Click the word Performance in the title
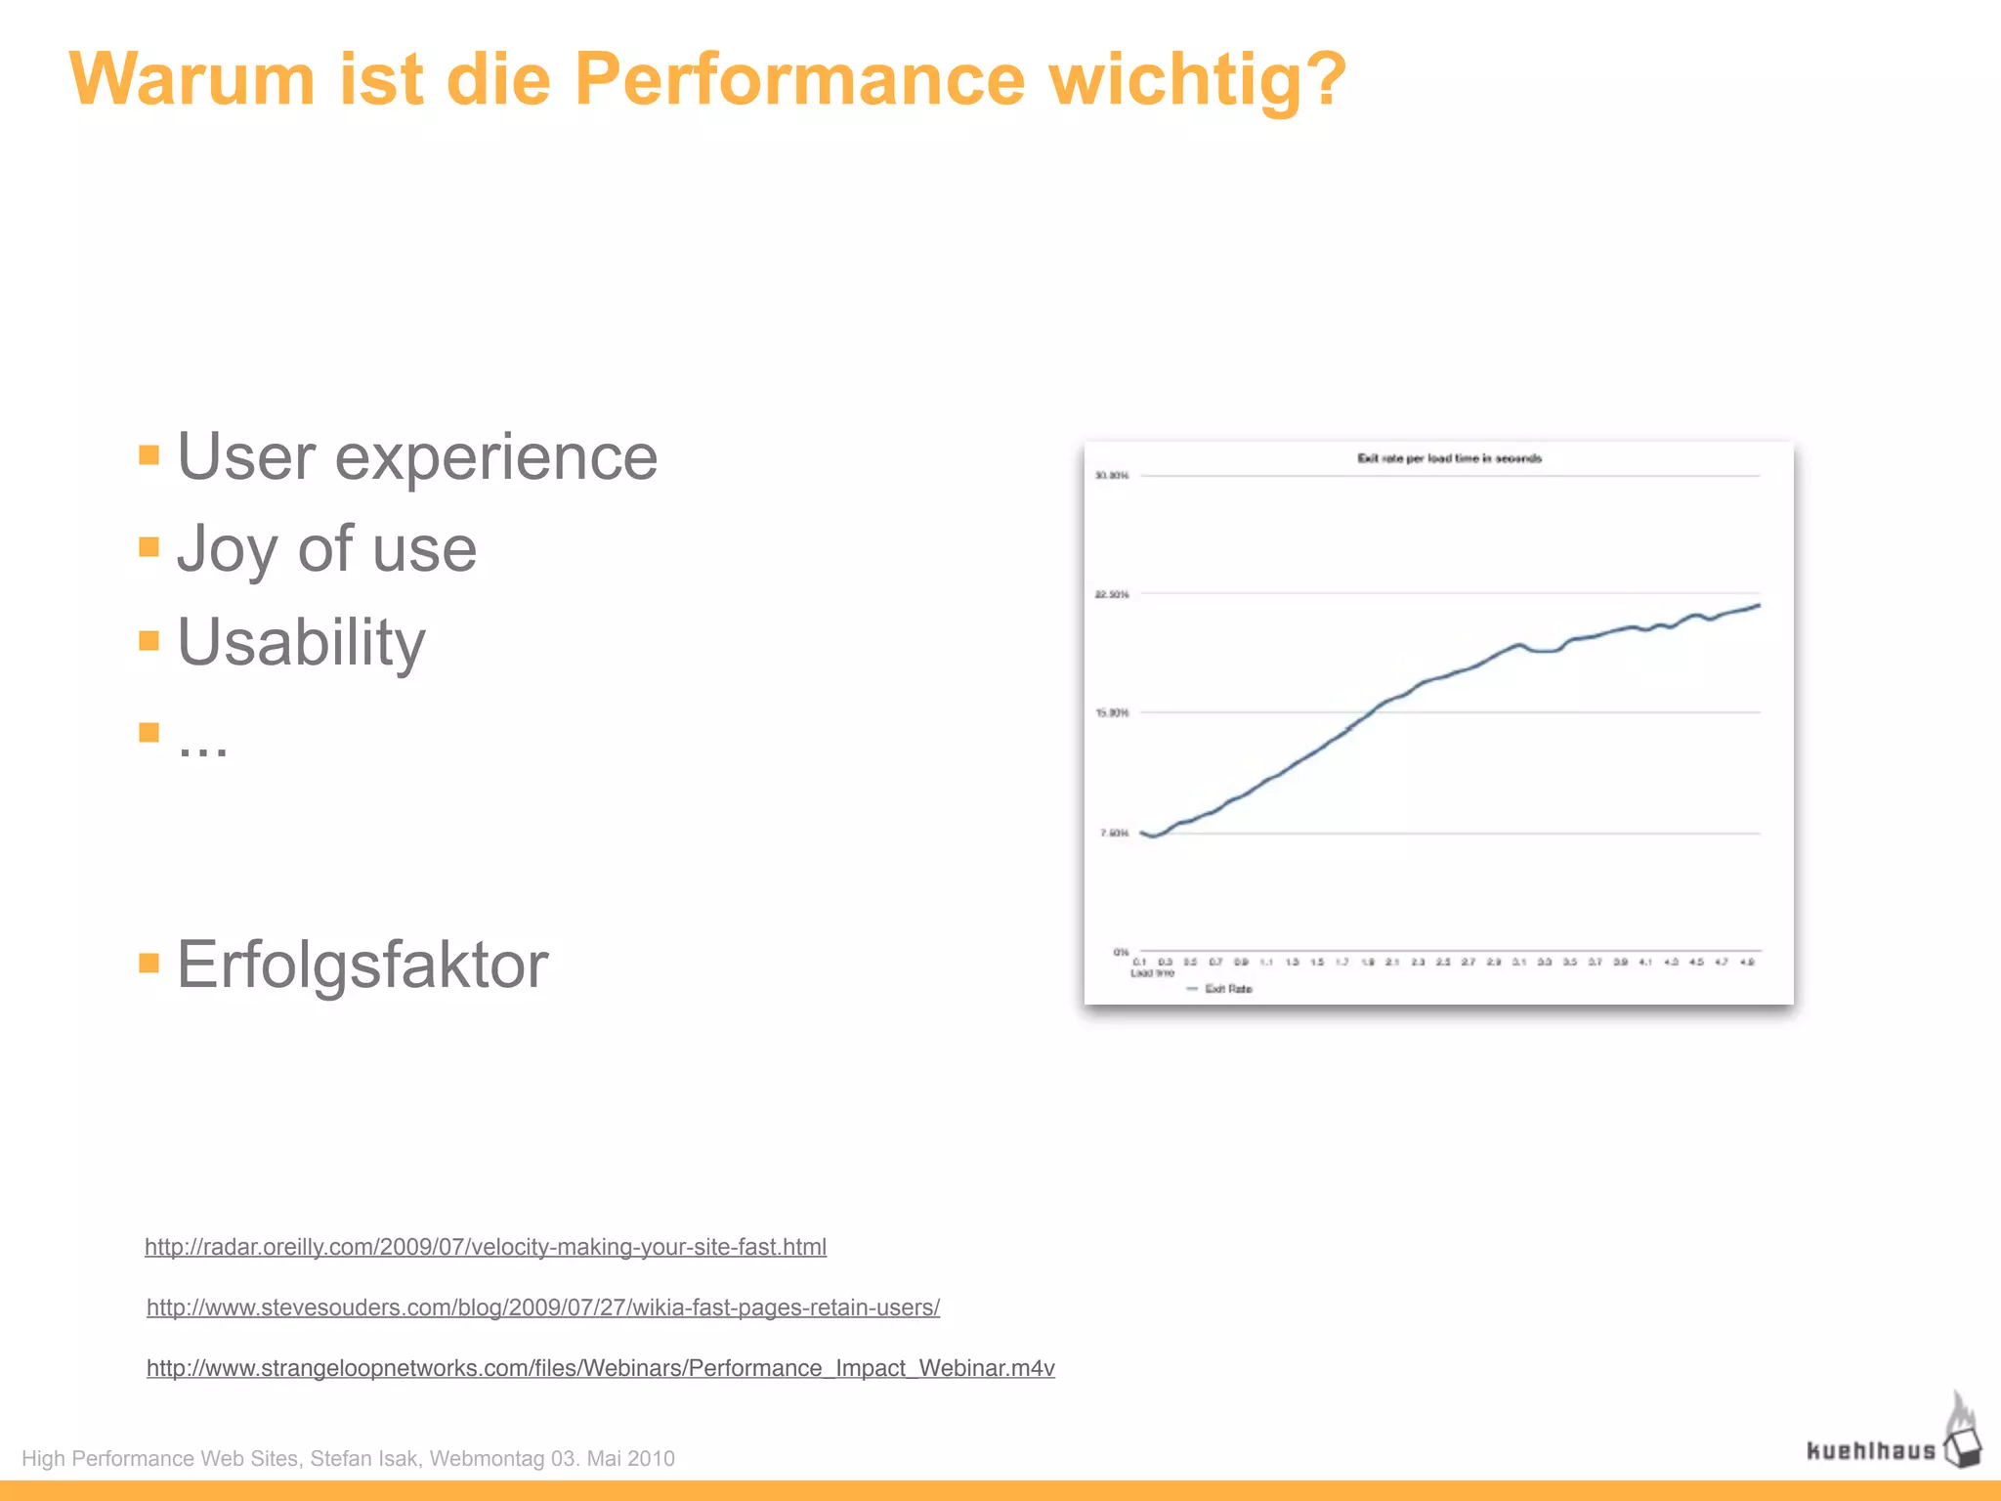click(799, 79)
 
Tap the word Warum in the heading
click(192, 79)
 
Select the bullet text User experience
click(417, 457)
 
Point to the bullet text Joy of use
click(326, 549)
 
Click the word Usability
click(301, 643)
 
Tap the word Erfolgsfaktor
click(362, 965)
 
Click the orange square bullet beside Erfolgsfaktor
click(149, 964)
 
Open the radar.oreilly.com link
click(486, 1247)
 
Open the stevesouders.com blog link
click(543, 1308)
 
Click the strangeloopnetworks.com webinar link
click(601, 1368)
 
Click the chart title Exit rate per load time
click(1449, 458)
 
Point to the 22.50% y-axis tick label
click(1112, 594)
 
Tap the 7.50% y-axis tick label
click(1114, 834)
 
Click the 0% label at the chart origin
click(1121, 951)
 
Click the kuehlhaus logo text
click(1870, 1451)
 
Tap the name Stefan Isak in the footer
click(364, 1459)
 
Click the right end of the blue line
click(1759, 606)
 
